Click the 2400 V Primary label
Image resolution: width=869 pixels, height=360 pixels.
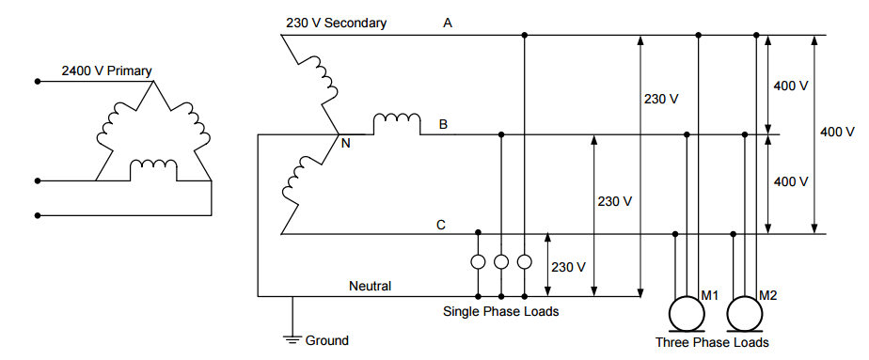(x=106, y=70)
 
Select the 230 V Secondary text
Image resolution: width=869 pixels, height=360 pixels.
(x=336, y=23)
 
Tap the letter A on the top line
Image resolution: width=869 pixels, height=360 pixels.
(x=449, y=23)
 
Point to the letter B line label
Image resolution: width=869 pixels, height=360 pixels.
(x=442, y=123)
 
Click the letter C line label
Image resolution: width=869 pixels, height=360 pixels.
(x=441, y=224)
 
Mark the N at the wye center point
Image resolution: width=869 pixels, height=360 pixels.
(x=345, y=144)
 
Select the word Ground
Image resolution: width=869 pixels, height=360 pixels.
(x=326, y=340)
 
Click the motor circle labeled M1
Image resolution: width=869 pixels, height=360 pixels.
(x=687, y=315)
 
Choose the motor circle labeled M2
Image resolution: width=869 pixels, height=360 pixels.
(x=748, y=315)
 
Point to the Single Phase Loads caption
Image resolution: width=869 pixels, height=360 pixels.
(x=500, y=311)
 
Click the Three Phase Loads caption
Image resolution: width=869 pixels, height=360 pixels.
(x=712, y=342)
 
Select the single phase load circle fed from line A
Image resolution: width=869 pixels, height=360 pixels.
(x=525, y=262)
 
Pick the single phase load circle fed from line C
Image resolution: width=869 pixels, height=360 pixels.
(x=479, y=262)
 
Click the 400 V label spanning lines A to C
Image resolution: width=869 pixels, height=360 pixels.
(x=837, y=132)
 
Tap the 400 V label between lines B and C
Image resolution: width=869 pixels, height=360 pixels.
(x=790, y=181)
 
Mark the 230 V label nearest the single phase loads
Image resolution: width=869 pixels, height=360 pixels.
(x=568, y=266)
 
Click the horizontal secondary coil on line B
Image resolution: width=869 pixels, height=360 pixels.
(x=396, y=123)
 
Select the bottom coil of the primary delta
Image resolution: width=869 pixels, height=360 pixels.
(x=153, y=168)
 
